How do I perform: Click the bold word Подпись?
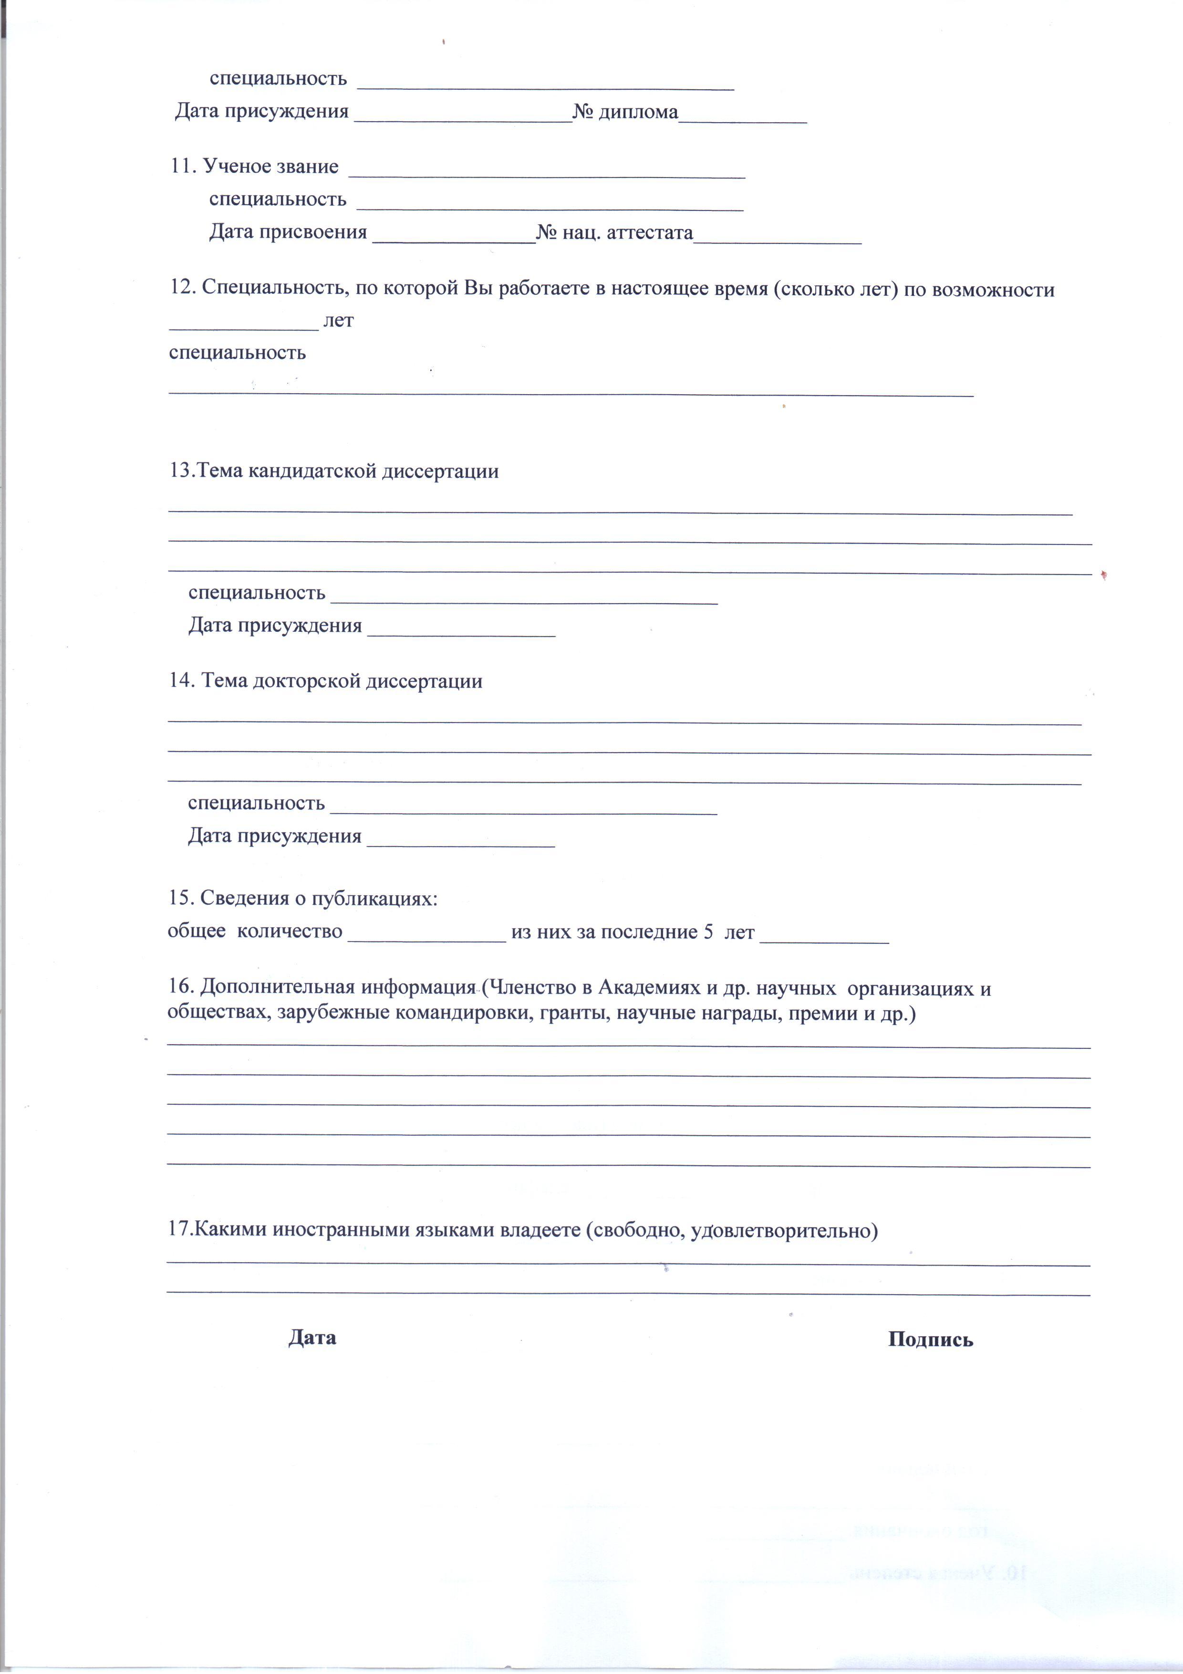(930, 1340)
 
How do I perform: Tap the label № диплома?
(625, 112)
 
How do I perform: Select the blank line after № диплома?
(742, 116)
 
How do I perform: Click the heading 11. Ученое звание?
(254, 167)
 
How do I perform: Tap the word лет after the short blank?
(338, 321)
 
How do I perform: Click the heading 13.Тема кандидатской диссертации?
(334, 471)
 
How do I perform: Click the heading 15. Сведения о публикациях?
(302, 898)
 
